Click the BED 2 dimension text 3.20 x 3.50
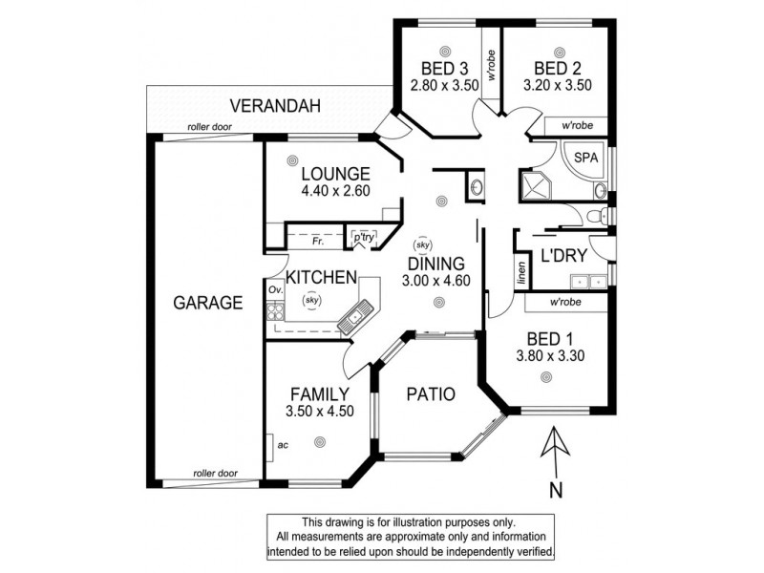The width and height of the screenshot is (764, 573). [x=558, y=85]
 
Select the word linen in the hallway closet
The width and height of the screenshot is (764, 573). [x=521, y=274]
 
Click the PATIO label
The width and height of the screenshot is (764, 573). [x=429, y=393]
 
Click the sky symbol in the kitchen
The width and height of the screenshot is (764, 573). [x=311, y=300]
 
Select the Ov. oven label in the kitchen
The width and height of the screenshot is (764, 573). [x=274, y=289]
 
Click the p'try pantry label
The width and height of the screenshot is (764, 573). [x=364, y=234]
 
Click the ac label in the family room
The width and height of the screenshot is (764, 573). [x=283, y=444]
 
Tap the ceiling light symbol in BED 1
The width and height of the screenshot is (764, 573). [x=546, y=377]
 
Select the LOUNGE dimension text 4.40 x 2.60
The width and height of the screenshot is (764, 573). [x=335, y=190]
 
